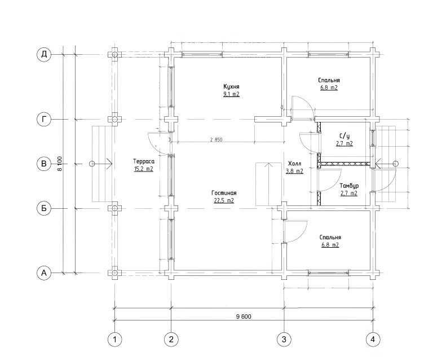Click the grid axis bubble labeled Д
pos(44,54)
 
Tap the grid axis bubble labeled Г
pos(44,120)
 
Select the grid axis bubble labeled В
pos(44,164)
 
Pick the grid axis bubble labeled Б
pos(44,208)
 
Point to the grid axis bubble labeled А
pos(44,273)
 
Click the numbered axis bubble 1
pos(114,339)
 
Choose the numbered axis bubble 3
pos(284,339)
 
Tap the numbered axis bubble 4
pos(373,339)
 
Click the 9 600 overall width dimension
pos(244,317)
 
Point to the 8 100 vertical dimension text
pos(60,164)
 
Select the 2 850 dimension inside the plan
pos(216,139)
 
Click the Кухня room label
pos(231,87)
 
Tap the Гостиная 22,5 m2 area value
pos(224,200)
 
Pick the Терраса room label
pos(144,161)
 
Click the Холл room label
pos(295,163)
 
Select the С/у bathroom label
pos(344,136)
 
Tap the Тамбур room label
pos(349,186)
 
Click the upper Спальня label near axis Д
pos(329,80)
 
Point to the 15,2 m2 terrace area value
pos(144,169)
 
